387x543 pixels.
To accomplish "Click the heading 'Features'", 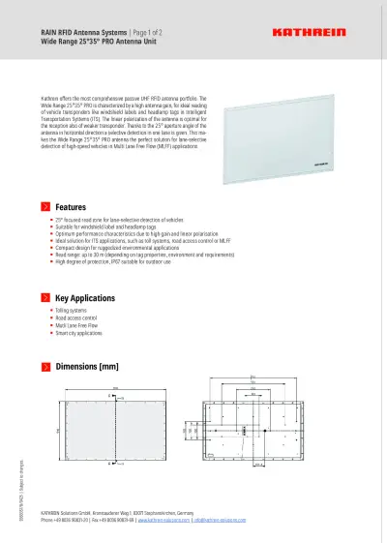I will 72,207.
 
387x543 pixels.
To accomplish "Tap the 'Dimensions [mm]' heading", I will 87,367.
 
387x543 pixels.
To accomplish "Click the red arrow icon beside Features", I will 45,207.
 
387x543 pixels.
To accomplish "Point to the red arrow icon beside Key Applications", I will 45,297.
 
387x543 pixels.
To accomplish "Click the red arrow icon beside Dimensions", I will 45,367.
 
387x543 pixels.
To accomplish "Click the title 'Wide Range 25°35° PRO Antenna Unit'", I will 97,43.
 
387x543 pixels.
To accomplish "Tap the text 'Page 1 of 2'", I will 146,33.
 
